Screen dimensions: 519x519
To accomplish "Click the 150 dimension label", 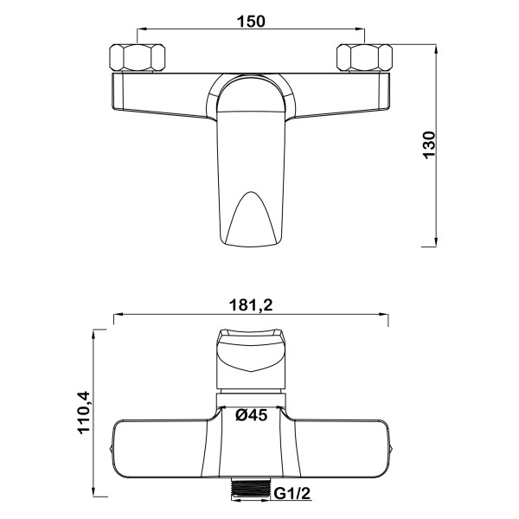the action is pos(251,22).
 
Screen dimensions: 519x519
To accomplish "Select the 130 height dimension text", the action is pos(430,145).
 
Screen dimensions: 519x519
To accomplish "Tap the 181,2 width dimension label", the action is pos(251,304).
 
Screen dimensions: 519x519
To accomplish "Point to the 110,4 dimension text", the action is pos(83,413).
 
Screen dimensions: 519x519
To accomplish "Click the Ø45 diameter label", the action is pos(252,414).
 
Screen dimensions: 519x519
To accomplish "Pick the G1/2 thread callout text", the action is pos(292,494).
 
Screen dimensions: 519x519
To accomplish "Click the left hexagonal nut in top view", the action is pos(137,57).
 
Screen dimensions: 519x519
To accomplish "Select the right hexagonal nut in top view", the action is pos(364,57).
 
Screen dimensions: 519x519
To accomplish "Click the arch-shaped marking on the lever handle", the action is pos(251,219).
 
